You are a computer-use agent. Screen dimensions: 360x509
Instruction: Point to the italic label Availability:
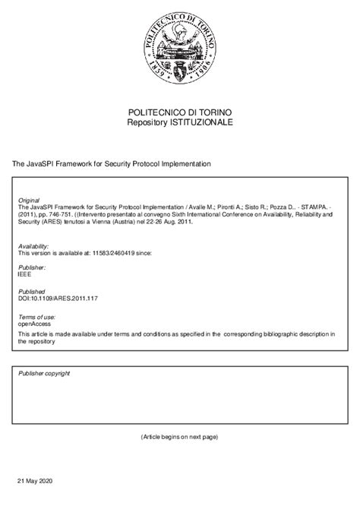coord(33,246)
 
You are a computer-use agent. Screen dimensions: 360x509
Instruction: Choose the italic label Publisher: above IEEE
coord(32,268)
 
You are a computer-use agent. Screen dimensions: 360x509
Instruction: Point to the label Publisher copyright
coord(44,374)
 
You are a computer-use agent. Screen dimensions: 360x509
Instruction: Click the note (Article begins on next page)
coord(179,438)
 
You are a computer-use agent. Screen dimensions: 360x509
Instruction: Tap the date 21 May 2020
coord(35,482)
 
